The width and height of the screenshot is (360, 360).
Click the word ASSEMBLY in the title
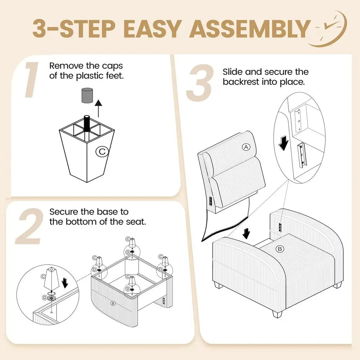point(250,28)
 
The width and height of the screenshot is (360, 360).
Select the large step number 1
point(31,80)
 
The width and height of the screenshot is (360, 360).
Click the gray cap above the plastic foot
point(87,95)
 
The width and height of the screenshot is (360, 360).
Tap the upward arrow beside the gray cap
point(99,108)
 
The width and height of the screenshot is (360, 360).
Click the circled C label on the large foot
point(102,151)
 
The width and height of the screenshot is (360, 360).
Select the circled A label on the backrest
point(246,147)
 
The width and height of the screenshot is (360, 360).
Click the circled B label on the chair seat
point(280,249)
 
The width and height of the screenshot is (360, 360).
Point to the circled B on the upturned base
point(113,303)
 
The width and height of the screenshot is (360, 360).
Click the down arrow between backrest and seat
point(246,234)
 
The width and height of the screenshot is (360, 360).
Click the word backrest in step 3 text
point(241,82)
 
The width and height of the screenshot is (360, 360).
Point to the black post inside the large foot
point(87,123)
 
